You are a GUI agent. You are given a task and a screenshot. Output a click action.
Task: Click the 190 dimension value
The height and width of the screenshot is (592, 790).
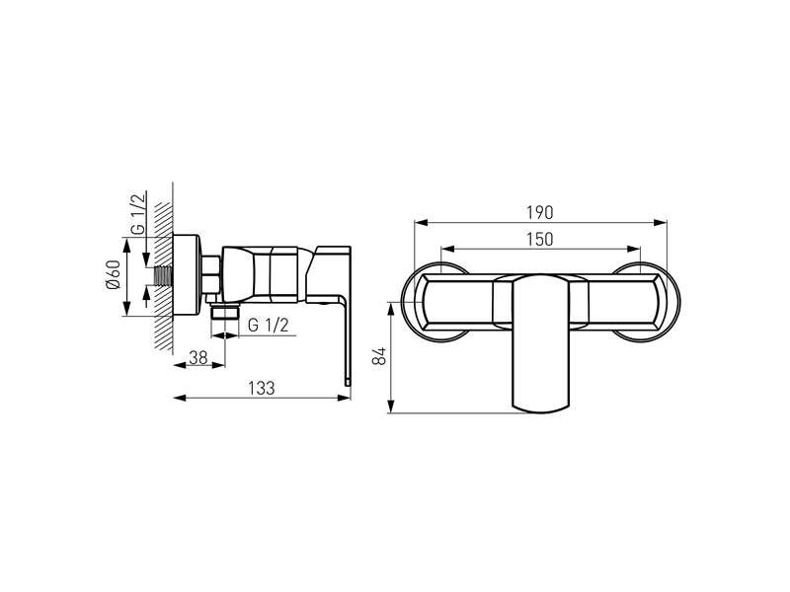pyautogui.click(x=539, y=212)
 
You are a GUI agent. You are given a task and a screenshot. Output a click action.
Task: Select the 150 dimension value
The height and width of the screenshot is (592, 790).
pyautogui.click(x=539, y=239)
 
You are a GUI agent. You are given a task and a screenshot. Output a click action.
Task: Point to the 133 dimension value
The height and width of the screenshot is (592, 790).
pyautogui.click(x=262, y=388)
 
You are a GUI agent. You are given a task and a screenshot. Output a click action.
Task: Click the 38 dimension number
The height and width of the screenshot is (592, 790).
pyautogui.click(x=198, y=357)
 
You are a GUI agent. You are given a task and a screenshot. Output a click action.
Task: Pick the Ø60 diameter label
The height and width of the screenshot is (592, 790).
pyautogui.click(x=113, y=275)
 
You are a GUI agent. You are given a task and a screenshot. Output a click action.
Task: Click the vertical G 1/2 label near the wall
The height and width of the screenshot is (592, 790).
pyautogui.click(x=138, y=213)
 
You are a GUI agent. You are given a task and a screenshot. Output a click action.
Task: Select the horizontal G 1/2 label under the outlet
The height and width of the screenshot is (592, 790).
pyautogui.click(x=268, y=326)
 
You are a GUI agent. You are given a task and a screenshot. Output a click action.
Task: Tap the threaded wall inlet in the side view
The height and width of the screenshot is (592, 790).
pyautogui.click(x=163, y=276)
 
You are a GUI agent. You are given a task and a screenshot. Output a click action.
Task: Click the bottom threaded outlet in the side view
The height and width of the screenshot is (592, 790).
pyautogui.click(x=225, y=311)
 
